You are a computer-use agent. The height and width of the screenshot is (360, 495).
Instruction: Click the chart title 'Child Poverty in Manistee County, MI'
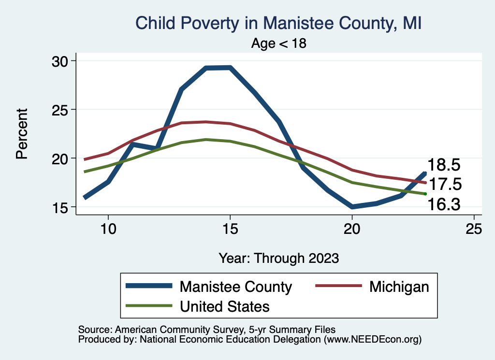[x=279, y=23]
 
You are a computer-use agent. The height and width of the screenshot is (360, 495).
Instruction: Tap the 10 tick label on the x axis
[x=108, y=229]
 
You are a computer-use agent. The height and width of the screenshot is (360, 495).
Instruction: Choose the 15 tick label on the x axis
[x=230, y=229]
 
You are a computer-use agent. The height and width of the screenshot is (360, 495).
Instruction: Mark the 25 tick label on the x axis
[x=474, y=229]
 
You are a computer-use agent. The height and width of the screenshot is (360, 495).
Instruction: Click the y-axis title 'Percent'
[x=22, y=134]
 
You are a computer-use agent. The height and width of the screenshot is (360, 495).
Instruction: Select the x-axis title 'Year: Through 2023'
[x=279, y=258]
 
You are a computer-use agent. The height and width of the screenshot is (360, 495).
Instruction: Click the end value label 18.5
[x=444, y=165]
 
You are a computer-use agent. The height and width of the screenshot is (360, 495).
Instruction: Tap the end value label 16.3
[x=444, y=205]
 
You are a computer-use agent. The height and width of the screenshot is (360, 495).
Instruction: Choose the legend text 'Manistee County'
[x=236, y=287]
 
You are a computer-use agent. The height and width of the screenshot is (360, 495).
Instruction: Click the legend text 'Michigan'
[x=399, y=287]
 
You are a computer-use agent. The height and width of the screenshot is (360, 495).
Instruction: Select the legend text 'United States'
[x=225, y=306]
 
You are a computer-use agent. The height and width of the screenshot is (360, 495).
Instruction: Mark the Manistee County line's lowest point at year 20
[x=352, y=207]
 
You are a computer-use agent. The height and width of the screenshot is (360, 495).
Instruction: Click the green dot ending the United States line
[x=425, y=194]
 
